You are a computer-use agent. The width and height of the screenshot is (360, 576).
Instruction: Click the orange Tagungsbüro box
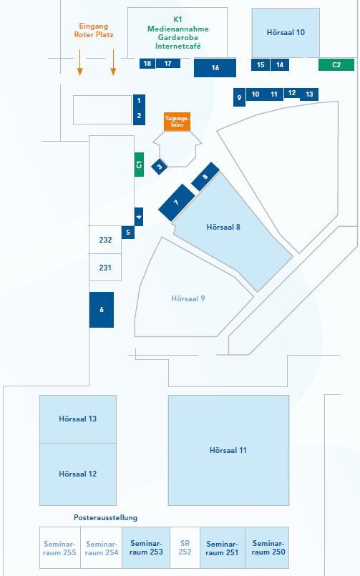tap(177, 122)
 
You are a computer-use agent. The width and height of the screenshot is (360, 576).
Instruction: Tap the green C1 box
tap(139, 165)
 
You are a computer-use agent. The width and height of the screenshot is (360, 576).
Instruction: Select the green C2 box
tap(336, 64)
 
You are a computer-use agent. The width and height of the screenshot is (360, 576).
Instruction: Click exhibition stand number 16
tap(215, 67)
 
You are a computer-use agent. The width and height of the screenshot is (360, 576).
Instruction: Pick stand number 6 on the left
tap(102, 310)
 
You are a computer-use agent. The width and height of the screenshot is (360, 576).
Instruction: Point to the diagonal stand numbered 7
tap(177, 202)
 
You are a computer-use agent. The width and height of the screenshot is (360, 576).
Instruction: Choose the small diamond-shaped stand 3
tap(160, 167)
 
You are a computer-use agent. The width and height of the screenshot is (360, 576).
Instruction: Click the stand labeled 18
tap(147, 63)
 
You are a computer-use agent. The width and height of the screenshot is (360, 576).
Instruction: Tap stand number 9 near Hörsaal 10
tap(239, 97)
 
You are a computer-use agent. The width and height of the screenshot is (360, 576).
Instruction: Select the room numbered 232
tap(105, 240)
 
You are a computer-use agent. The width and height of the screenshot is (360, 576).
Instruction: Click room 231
tap(105, 268)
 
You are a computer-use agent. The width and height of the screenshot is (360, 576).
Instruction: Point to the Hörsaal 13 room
tap(78, 419)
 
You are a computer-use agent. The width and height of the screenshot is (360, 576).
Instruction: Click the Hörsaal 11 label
tap(228, 450)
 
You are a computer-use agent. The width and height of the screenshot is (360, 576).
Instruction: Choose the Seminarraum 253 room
tap(146, 547)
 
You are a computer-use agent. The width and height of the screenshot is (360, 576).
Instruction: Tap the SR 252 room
tap(185, 547)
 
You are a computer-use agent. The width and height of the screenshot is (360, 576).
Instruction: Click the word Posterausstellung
tap(105, 517)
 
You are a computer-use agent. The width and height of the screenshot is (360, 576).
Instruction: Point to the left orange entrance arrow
tap(79, 62)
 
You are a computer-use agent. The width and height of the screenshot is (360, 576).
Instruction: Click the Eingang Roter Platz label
tap(94, 31)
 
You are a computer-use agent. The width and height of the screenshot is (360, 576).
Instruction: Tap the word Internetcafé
tap(177, 47)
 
